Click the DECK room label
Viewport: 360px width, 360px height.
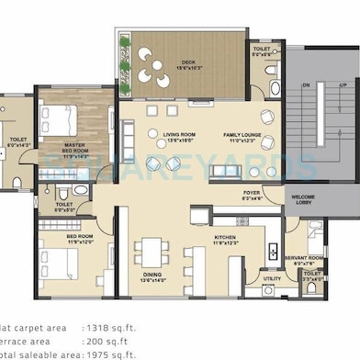[188, 63]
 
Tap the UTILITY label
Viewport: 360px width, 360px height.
[272, 278]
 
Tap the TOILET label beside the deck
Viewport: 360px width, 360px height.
[262, 51]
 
